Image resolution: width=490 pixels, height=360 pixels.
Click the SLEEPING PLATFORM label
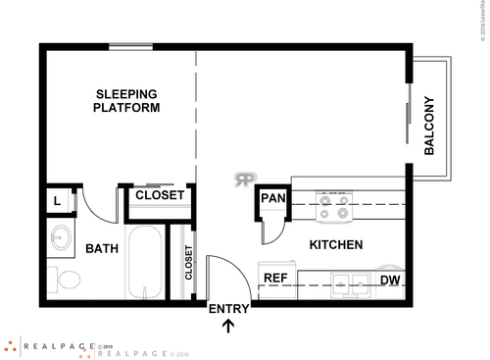point(126,101)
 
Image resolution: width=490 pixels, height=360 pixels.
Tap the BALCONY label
point(429,125)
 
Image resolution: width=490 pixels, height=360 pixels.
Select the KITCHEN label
point(336,244)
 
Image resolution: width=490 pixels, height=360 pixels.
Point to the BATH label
point(101,249)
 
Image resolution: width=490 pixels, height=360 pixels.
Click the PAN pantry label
point(272,198)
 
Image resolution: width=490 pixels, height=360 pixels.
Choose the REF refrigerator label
point(275,279)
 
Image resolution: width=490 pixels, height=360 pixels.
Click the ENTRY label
point(229,309)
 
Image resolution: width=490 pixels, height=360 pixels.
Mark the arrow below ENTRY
point(229,327)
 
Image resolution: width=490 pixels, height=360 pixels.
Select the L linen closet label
point(58,201)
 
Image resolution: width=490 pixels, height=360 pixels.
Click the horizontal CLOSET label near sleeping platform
point(160,195)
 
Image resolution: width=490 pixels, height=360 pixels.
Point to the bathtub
point(146,263)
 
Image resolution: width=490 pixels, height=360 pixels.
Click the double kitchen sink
point(348,284)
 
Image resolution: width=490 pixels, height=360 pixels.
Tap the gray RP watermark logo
point(244,180)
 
